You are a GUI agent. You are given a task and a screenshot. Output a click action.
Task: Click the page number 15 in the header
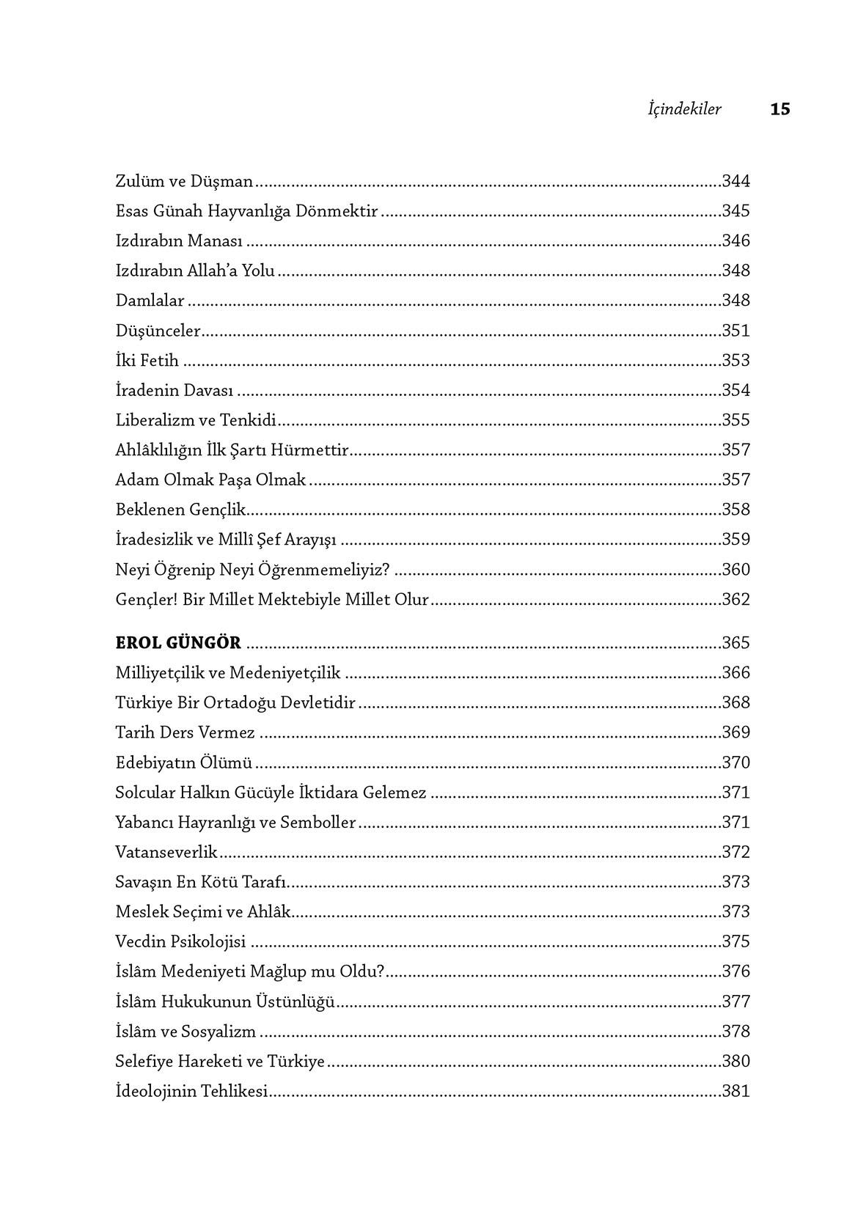click(779, 109)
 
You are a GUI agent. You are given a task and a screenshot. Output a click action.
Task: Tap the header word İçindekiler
click(684, 109)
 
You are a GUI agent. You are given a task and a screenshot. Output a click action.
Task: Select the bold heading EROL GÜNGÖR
click(178, 643)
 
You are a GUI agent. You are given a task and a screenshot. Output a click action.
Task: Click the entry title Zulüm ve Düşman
click(184, 181)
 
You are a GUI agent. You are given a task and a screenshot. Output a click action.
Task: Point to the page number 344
click(735, 181)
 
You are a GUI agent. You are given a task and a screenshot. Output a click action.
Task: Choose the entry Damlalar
click(150, 301)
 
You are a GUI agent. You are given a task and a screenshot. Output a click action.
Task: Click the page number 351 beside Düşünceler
click(735, 331)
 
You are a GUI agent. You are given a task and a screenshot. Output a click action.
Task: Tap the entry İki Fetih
click(147, 361)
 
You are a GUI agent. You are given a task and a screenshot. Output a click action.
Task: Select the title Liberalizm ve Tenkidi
click(196, 420)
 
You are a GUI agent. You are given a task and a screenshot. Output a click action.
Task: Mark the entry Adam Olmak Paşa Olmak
click(210, 480)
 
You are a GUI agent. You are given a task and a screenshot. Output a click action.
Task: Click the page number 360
click(735, 570)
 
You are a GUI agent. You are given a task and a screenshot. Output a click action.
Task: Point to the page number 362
click(735, 600)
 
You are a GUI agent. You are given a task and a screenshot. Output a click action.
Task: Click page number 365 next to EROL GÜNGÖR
click(735, 643)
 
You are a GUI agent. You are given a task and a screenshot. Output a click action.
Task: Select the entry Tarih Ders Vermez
click(186, 732)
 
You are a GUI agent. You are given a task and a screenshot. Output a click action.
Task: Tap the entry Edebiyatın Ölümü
click(184, 763)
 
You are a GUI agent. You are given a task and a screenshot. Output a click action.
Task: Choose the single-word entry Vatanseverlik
click(166, 852)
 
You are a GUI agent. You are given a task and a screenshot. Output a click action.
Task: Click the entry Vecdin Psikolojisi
click(180, 941)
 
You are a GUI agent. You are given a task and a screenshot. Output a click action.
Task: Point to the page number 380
click(735, 1061)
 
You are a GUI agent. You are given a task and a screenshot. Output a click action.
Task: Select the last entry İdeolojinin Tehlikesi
click(191, 1091)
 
